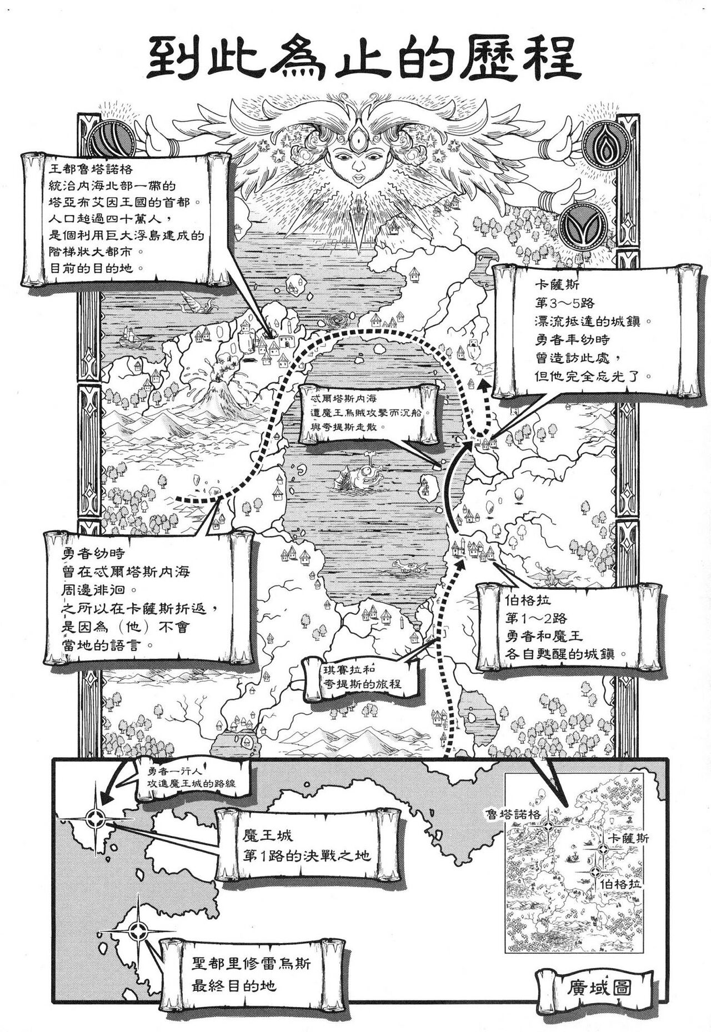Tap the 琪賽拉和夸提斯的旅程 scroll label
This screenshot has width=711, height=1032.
click(362, 675)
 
